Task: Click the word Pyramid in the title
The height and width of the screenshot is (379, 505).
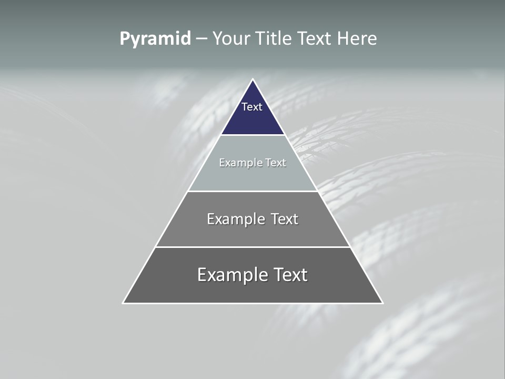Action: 155,39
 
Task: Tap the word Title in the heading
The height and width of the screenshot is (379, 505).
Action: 273,39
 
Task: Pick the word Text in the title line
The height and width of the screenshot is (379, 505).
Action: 315,39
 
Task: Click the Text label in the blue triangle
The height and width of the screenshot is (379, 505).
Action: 252,107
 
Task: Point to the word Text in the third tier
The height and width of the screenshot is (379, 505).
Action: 285,219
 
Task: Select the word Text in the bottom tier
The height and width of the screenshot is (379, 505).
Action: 290,275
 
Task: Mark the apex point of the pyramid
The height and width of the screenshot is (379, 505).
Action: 253,79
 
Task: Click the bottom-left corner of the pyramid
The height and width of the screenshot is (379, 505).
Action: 123,303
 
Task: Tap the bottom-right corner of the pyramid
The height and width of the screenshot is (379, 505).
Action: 382,303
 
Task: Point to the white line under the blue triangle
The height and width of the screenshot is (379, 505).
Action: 252,135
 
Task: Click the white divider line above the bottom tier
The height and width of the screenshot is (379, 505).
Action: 252,247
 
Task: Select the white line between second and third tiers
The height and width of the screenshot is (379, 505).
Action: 252,191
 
